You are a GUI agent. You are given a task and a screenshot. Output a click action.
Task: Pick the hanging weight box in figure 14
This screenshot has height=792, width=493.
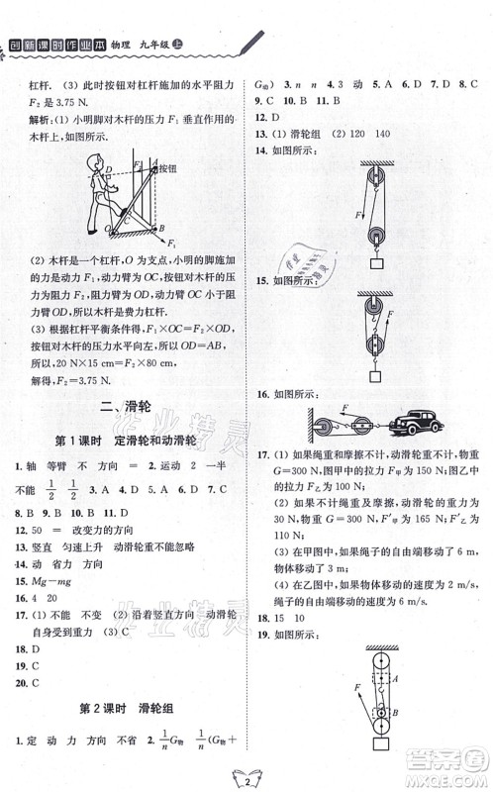[376, 263]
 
